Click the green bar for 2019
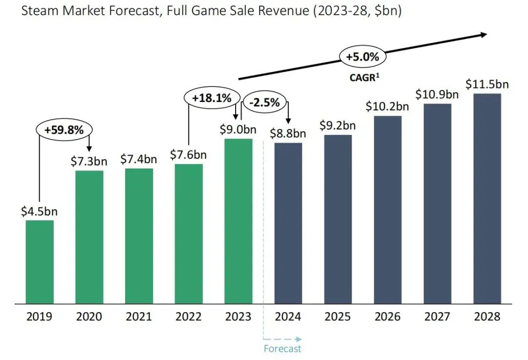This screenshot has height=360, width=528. pyautogui.click(x=40, y=262)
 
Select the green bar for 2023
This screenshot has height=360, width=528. pyautogui.click(x=239, y=221)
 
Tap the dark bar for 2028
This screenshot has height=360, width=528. pyautogui.click(x=487, y=198)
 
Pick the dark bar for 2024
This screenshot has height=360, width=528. pyautogui.click(x=288, y=223)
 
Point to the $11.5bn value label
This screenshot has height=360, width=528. pyautogui.click(x=487, y=84)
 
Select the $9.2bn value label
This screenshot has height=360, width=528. pyautogui.click(x=338, y=125)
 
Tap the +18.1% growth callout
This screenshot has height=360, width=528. pyautogui.click(x=211, y=98)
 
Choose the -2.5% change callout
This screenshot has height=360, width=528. pyautogui.click(x=264, y=103)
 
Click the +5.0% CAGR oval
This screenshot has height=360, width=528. pyautogui.click(x=362, y=57)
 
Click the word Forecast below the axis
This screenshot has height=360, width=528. pyautogui.click(x=283, y=348)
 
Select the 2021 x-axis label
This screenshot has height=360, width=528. pyautogui.click(x=139, y=317)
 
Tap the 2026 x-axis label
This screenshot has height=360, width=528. pyautogui.click(x=388, y=317)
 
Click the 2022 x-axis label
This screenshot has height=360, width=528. pyautogui.click(x=189, y=317)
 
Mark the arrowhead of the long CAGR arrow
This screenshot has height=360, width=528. pyautogui.click(x=483, y=34)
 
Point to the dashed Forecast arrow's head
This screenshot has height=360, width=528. pyautogui.click(x=299, y=338)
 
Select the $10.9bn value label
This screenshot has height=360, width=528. pyautogui.click(x=437, y=94)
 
